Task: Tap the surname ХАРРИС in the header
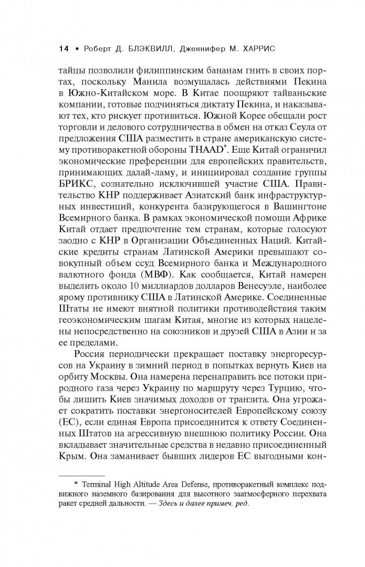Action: pyautogui.click(x=275, y=49)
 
